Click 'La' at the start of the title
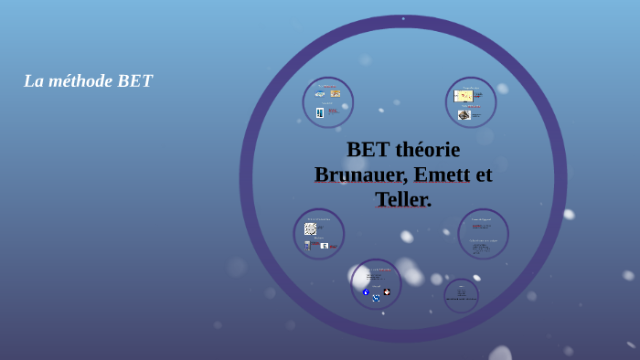(x=33, y=81)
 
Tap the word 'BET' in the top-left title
(x=134, y=81)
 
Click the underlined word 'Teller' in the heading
(x=400, y=199)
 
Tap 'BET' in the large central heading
(x=368, y=150)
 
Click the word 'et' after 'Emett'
(x=484, y=175)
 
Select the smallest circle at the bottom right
(x=461, y=295)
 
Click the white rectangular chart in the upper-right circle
(x=464, y=95)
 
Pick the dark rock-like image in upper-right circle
(x=464, y=115)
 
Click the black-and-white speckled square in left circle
(x=310, y=228)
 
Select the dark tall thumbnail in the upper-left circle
(x=320, y=113)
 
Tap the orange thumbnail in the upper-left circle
(x=336, y=93)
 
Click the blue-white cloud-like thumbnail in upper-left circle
(x=320, y=94)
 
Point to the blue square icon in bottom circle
(x=376, y=298)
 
